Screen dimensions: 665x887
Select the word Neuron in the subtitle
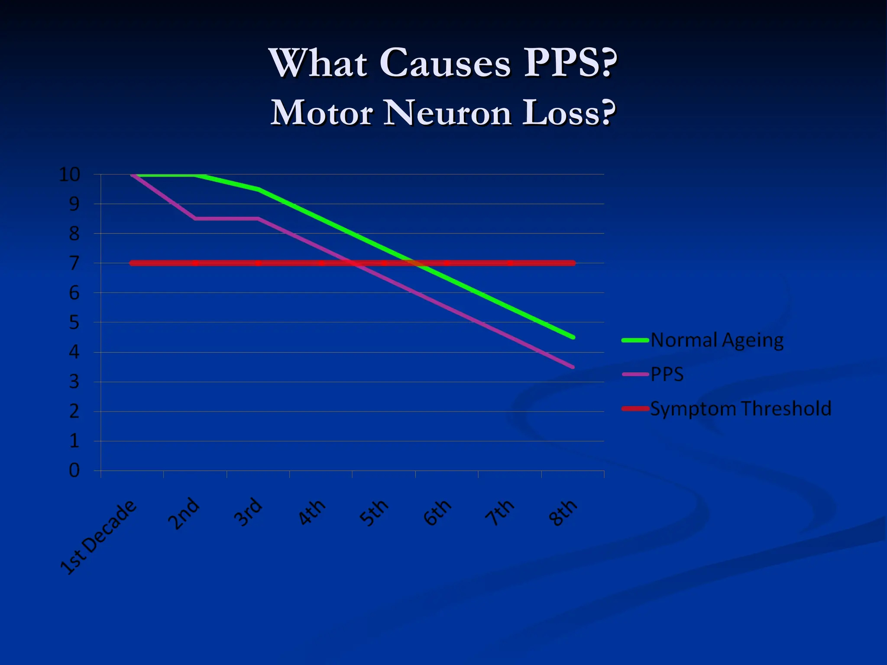[x=448, y=113]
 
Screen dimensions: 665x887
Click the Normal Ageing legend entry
[x=717, y=340]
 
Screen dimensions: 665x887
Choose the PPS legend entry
[x=667, y=374]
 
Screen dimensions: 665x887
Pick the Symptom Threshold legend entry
[x=741, y=409]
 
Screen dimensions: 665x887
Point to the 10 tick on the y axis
[x=70, y=175]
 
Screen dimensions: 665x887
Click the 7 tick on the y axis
[x=74, y=263]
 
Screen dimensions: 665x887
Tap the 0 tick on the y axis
[x=74, y=471]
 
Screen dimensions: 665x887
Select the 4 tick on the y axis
[x=74, y=352]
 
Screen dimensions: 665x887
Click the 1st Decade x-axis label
[x=98, y=538]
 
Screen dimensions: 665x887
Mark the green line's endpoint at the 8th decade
[x=573, y=337]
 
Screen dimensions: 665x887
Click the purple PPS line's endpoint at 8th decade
[x=573, y=367]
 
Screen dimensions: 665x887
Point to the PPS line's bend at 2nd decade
[x=195, y=219]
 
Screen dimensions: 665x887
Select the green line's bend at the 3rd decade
[x=258, y=189]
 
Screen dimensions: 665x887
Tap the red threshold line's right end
[x=573, y=263]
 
